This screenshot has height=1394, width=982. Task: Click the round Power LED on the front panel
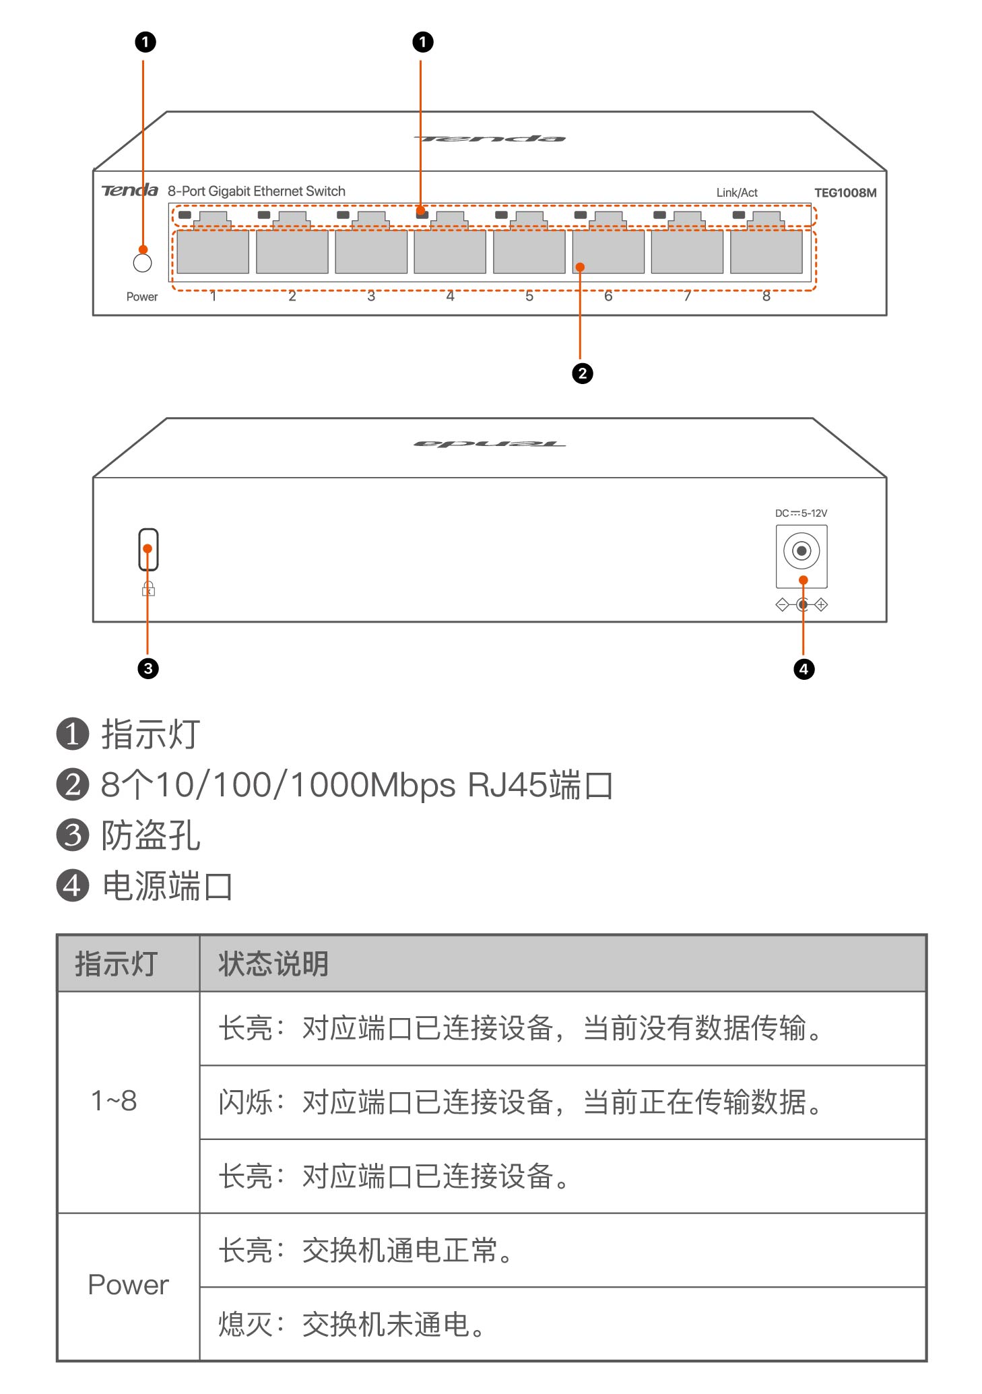coord(142,263)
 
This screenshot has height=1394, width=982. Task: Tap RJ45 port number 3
coord(371,251)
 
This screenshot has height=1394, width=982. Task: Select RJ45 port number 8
coord(766,251)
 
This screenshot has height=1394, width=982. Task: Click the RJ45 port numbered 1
coord(213,251)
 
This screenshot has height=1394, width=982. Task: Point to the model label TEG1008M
coord(845,193)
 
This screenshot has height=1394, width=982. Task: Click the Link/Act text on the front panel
coord(737,193)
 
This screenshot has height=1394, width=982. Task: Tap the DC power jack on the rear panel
coord(801,551)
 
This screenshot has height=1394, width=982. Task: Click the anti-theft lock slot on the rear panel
coord(148,549)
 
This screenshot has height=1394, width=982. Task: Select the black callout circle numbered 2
coord(583,373)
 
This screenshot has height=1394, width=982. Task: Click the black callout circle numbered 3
coord(148,668)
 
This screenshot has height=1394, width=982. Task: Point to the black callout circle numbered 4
coord(804,669)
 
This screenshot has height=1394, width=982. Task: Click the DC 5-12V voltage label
coord(801,513)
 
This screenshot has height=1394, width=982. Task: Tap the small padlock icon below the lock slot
coord(148,590)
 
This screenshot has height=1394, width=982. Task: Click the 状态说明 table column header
coord(273,963)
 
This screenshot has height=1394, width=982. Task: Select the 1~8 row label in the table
coord(114,1101)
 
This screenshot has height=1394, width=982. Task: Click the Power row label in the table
coord(128,1285)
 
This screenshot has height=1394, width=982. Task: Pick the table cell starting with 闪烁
coord(519,1102)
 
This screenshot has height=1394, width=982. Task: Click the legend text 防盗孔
coord(151,835)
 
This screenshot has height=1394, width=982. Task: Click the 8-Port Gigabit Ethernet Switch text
coord(257,191)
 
